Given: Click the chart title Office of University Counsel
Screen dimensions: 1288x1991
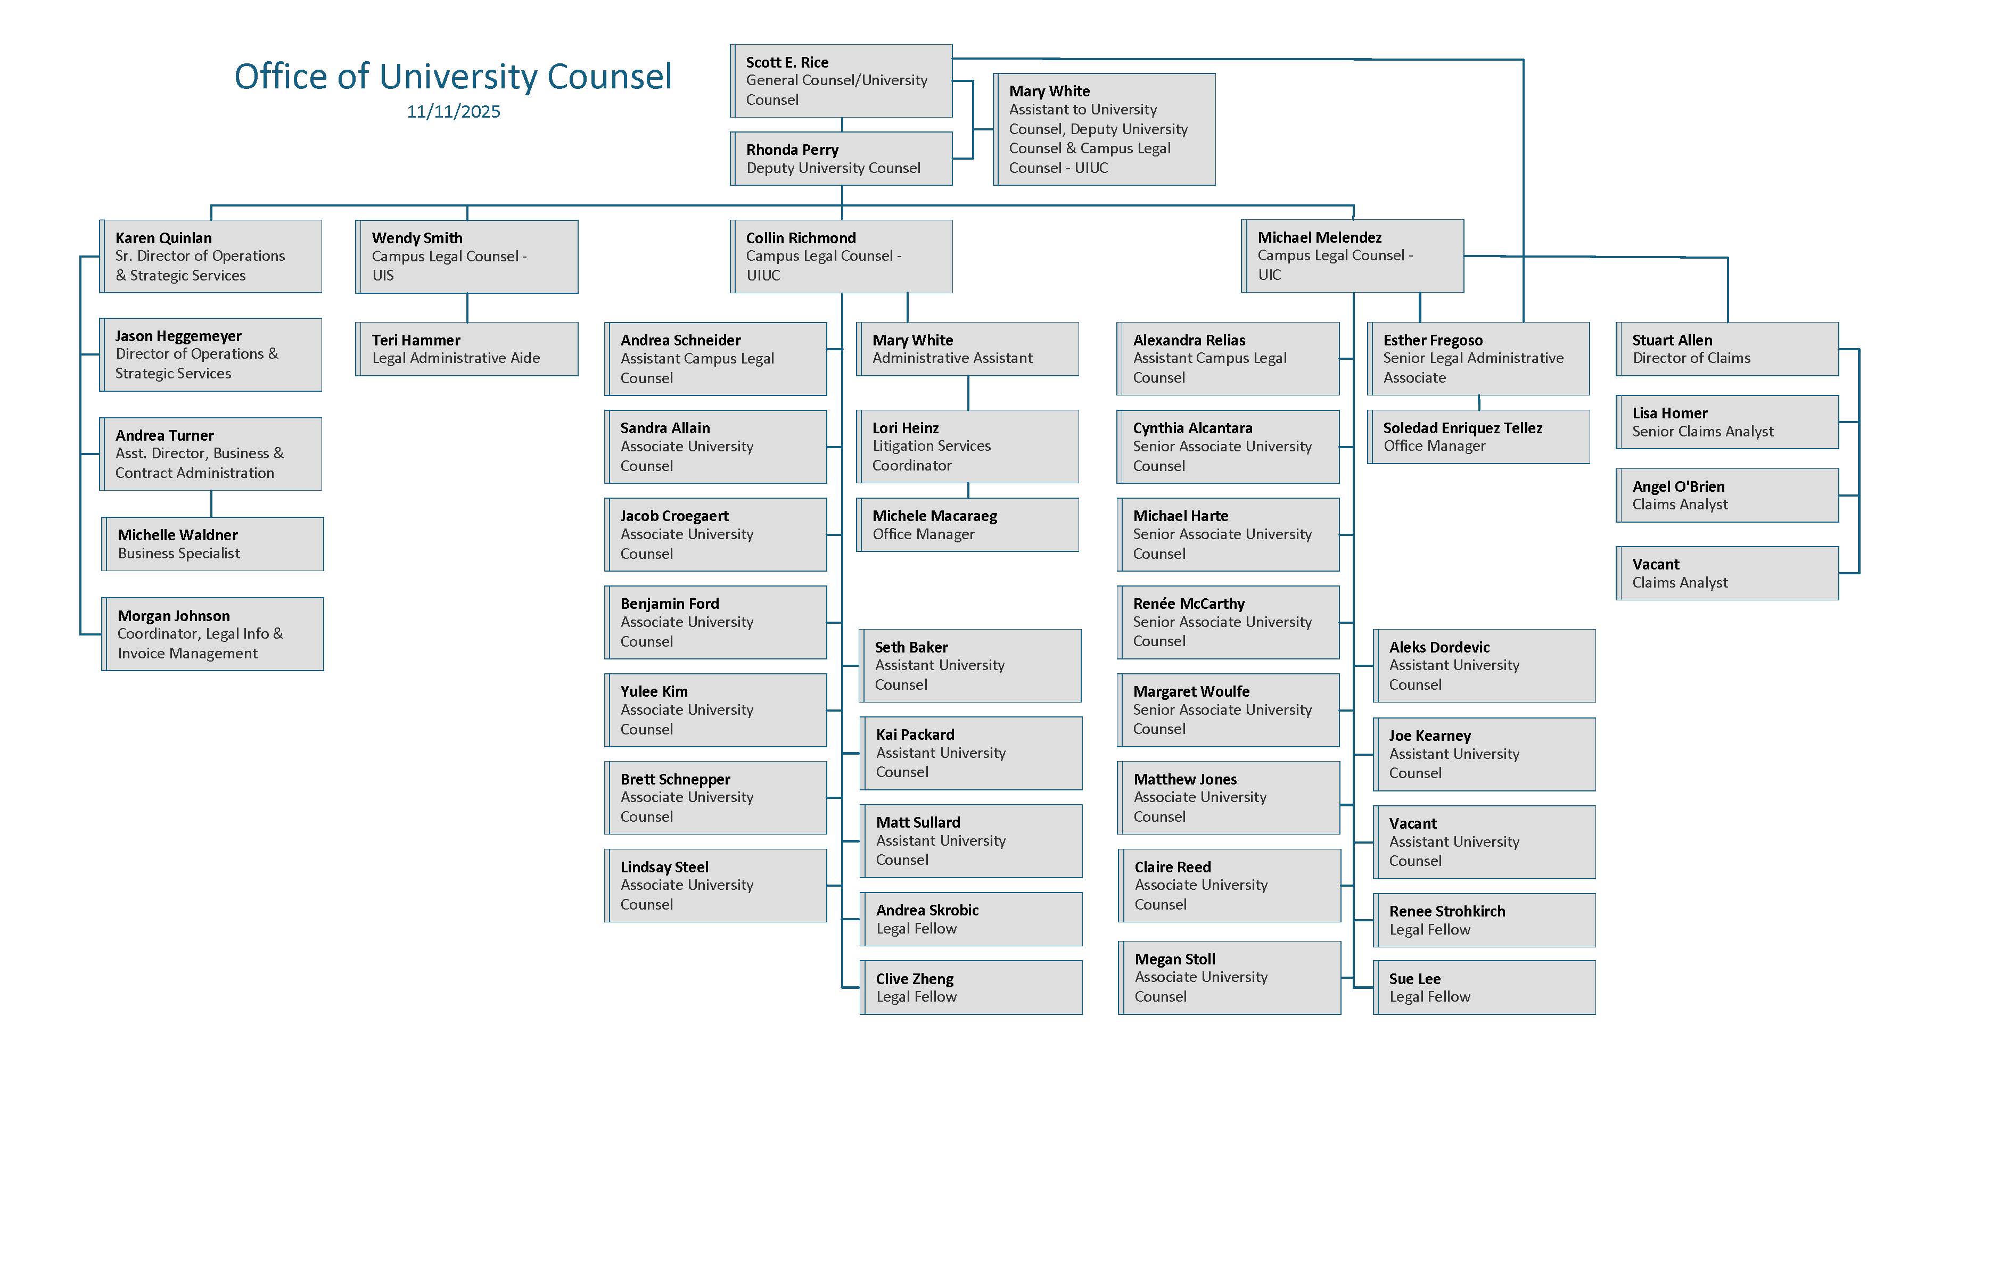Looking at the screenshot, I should coord(452,76).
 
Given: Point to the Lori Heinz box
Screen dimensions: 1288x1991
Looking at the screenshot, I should coord(968,447).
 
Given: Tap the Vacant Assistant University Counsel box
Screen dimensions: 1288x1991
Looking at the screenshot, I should coord(1485,842).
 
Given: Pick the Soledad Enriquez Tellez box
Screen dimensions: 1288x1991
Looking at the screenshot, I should coord(1479,436).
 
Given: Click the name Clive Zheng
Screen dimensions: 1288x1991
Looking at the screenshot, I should coord(915,979).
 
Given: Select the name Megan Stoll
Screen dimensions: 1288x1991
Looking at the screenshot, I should coord(1174,959).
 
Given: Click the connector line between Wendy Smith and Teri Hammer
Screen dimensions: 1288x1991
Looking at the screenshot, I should coord(467,308).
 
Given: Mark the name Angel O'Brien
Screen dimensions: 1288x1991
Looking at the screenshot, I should coord(1678,487).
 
